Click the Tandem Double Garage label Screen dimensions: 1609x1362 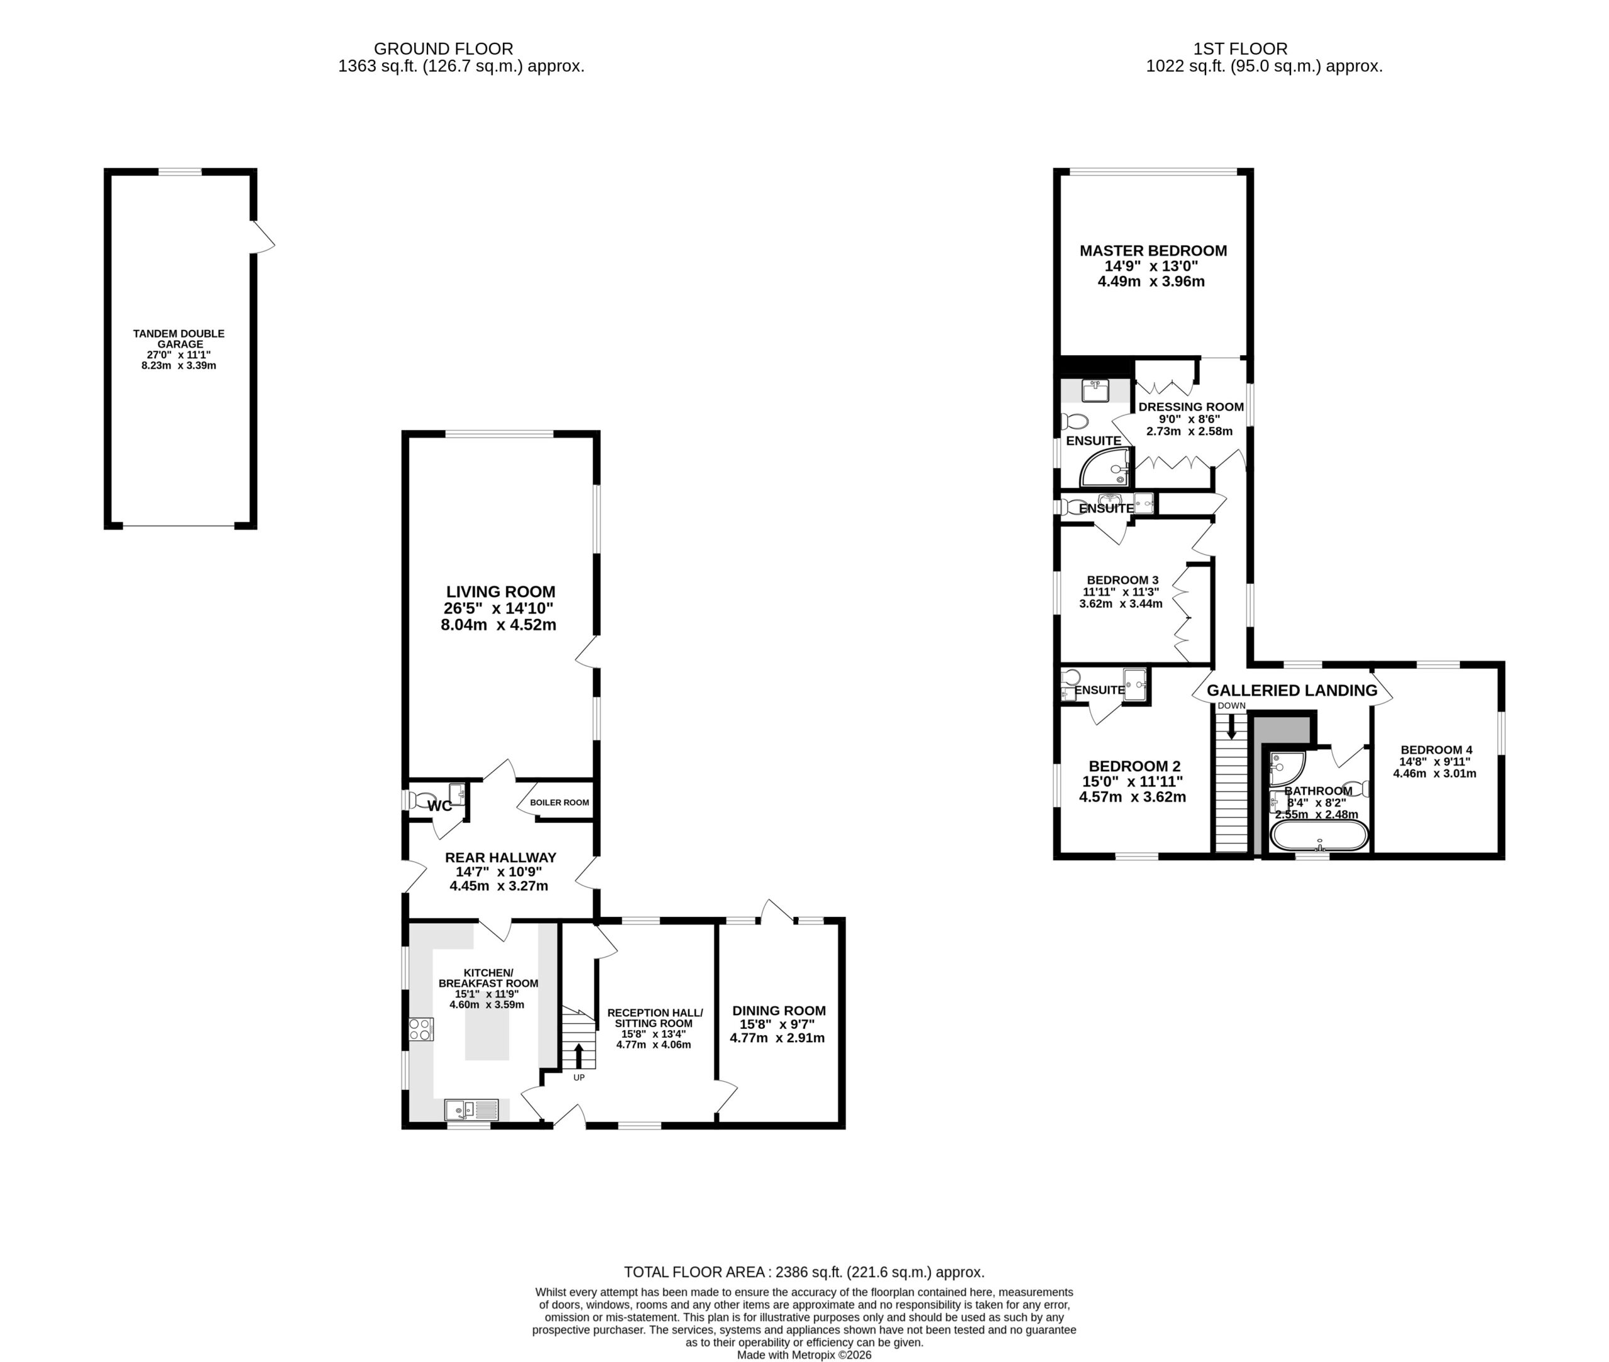tap(178, 339)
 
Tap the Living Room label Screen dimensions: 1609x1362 tap(500, 592)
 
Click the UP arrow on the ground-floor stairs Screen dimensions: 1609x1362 tap(579, 1055)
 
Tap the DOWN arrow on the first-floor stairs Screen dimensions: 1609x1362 tap(1231, 725)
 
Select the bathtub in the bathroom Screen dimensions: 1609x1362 tap(1319, 835)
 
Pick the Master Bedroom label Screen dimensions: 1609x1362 tap(1153, 251)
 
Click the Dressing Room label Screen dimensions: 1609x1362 tap(1190, 407)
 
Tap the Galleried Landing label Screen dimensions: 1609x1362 tap(1292, 690)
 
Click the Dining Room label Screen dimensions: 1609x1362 tap(779, 1011)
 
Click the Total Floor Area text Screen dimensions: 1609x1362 tap(804, 1271)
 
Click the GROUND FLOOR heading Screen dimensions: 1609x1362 tap(443, 48)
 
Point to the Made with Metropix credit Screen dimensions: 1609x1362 tap(804, 1354)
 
